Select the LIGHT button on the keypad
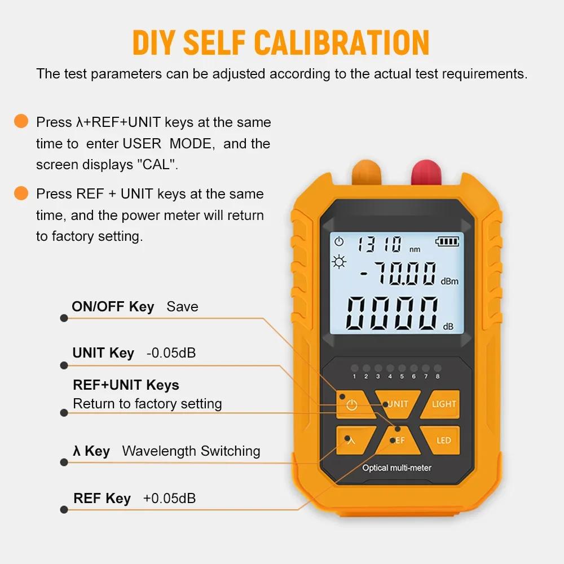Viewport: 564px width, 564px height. [444, 404]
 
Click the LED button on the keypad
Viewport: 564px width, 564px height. [444, 440]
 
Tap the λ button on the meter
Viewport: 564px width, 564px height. [351, 440]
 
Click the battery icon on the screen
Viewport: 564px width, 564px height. [447, 242]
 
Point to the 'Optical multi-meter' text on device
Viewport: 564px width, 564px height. [396, 468]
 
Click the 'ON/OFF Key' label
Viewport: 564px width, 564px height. [113, 307]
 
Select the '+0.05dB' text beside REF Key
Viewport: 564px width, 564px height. [169, 499]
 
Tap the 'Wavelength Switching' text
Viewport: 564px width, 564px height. [191, 451]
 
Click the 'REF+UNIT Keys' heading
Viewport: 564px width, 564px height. [126, 385]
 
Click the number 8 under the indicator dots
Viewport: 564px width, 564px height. [438, 376]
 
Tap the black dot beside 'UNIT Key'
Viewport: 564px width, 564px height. [64, 365]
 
